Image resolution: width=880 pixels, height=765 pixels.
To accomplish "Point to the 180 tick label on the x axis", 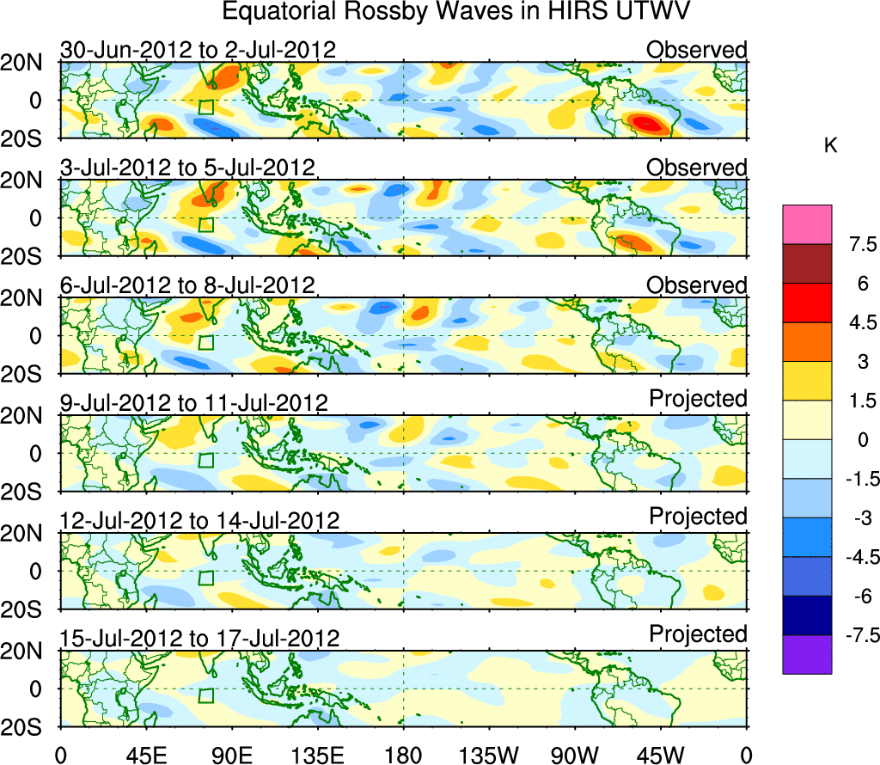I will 403,755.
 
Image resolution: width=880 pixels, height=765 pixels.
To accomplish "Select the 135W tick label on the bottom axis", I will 489,755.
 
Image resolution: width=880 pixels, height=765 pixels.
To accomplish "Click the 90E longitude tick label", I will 231,755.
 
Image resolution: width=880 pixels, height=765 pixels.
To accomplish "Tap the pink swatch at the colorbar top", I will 807,224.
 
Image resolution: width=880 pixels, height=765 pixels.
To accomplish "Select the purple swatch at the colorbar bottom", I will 807,654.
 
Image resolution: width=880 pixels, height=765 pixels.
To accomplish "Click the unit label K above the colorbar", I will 830,146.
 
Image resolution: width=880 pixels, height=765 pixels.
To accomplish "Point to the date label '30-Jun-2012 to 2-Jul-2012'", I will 198,50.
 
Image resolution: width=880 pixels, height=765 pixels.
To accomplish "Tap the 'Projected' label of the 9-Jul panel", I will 698,399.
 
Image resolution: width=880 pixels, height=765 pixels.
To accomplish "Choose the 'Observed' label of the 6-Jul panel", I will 697,285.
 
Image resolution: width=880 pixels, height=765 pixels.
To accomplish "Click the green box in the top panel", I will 205,107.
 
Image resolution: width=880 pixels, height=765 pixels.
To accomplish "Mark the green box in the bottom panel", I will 205,695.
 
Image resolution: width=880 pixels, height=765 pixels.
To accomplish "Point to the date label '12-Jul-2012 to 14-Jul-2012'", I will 200,521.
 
